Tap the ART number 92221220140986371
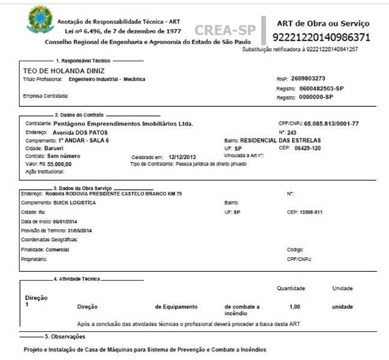(321, 37)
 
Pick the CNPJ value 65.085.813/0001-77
(331, 124)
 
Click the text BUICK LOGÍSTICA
(74, 203)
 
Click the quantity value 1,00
(295, 307)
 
